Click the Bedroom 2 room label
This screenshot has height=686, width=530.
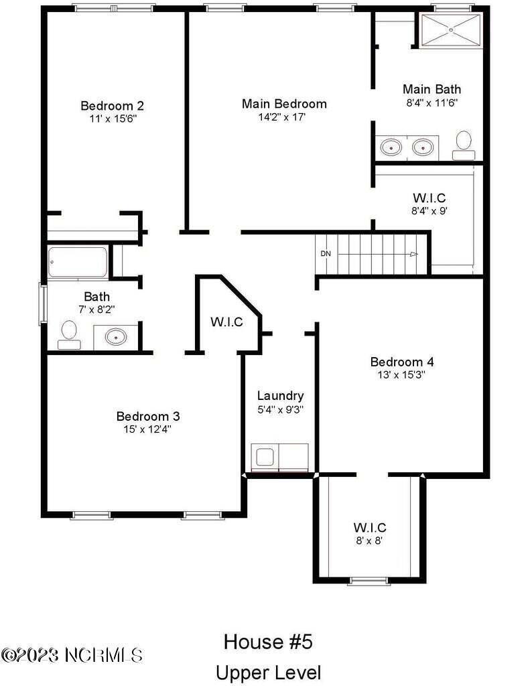point(112,106)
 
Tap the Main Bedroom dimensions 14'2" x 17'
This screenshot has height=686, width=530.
point(284,117)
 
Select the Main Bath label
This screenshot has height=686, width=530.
point(432,89)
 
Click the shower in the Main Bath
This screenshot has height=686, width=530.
point(450,30)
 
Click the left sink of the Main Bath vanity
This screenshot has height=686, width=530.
point(389,145)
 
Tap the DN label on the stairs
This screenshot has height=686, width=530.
point(326,254)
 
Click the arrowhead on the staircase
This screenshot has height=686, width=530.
point(414,254)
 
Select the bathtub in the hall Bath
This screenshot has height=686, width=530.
point(78,263)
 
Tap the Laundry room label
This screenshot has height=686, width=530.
point(280,396)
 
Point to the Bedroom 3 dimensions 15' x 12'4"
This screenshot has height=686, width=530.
point(147,429)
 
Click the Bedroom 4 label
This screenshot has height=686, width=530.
point(402,362)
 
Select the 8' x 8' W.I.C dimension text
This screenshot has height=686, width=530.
point(370,539)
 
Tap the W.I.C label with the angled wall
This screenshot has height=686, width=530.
point(226,322)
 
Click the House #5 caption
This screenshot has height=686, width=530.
point(268,642)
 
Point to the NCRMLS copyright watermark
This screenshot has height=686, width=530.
point(72,653)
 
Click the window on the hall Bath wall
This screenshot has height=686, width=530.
point(42,305)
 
